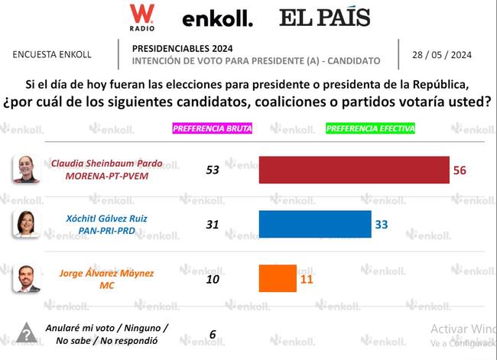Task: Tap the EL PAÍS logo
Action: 324,18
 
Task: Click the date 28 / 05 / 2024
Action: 443,55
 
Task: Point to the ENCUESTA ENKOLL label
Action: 52,55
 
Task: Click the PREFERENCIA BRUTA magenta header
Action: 212,128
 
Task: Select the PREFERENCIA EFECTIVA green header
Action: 366,128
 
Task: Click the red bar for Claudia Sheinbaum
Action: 354,170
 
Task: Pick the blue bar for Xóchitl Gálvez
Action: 315,224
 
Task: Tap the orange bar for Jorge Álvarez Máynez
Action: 278,278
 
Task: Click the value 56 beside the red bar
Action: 460,170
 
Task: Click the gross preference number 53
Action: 212,169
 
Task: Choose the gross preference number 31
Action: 212,223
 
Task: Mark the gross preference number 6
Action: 212,333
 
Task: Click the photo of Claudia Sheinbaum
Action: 26,169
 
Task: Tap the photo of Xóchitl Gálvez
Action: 26,223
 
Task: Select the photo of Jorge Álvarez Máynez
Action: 26,278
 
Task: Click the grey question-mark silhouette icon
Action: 26,333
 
